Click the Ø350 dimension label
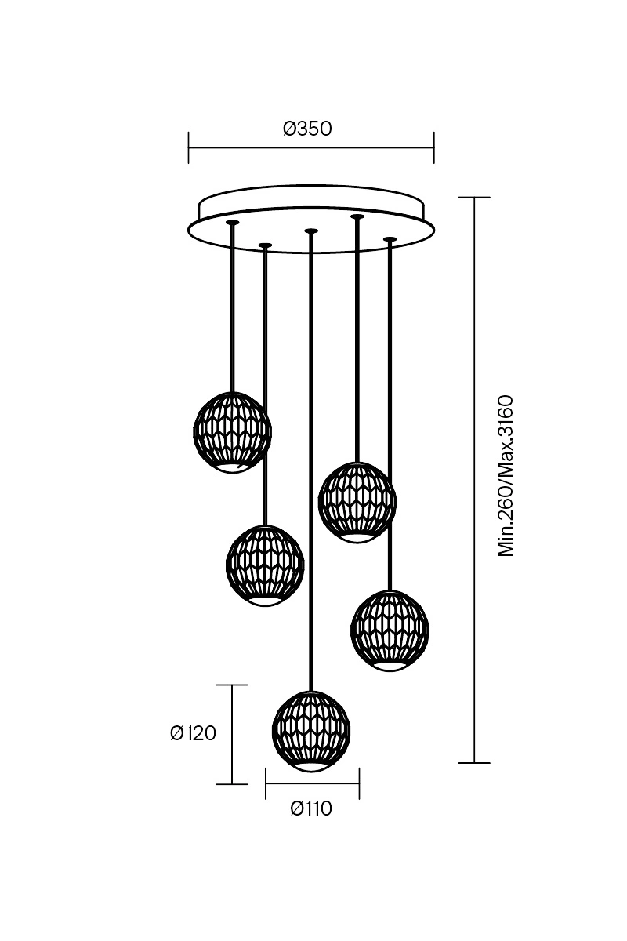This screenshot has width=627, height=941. [307, 129]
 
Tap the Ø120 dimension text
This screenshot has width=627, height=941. [193, 733]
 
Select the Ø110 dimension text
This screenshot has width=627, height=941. [311, 808]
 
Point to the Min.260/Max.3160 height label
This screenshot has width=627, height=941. [506, 476]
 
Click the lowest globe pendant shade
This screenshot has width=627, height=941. [311, 732]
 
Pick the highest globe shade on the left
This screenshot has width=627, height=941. [232, 432]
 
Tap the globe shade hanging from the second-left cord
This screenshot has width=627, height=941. [265, 565]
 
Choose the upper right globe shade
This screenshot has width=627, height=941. [357, 503]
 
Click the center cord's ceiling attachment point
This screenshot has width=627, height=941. [311, 231]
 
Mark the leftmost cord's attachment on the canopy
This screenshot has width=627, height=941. [232, 223]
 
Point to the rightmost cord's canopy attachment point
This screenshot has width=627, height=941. [390, 239]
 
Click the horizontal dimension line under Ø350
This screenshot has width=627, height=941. [311, 148]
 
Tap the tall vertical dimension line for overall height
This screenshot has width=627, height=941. [474, 480]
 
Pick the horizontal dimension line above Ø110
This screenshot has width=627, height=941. [313, 783]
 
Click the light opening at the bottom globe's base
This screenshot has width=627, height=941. [311, 767]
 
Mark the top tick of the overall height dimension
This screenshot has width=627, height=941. [474, 197]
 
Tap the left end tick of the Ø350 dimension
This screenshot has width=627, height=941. [189, 147]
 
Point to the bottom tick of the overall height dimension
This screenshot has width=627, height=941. [474, 762]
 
